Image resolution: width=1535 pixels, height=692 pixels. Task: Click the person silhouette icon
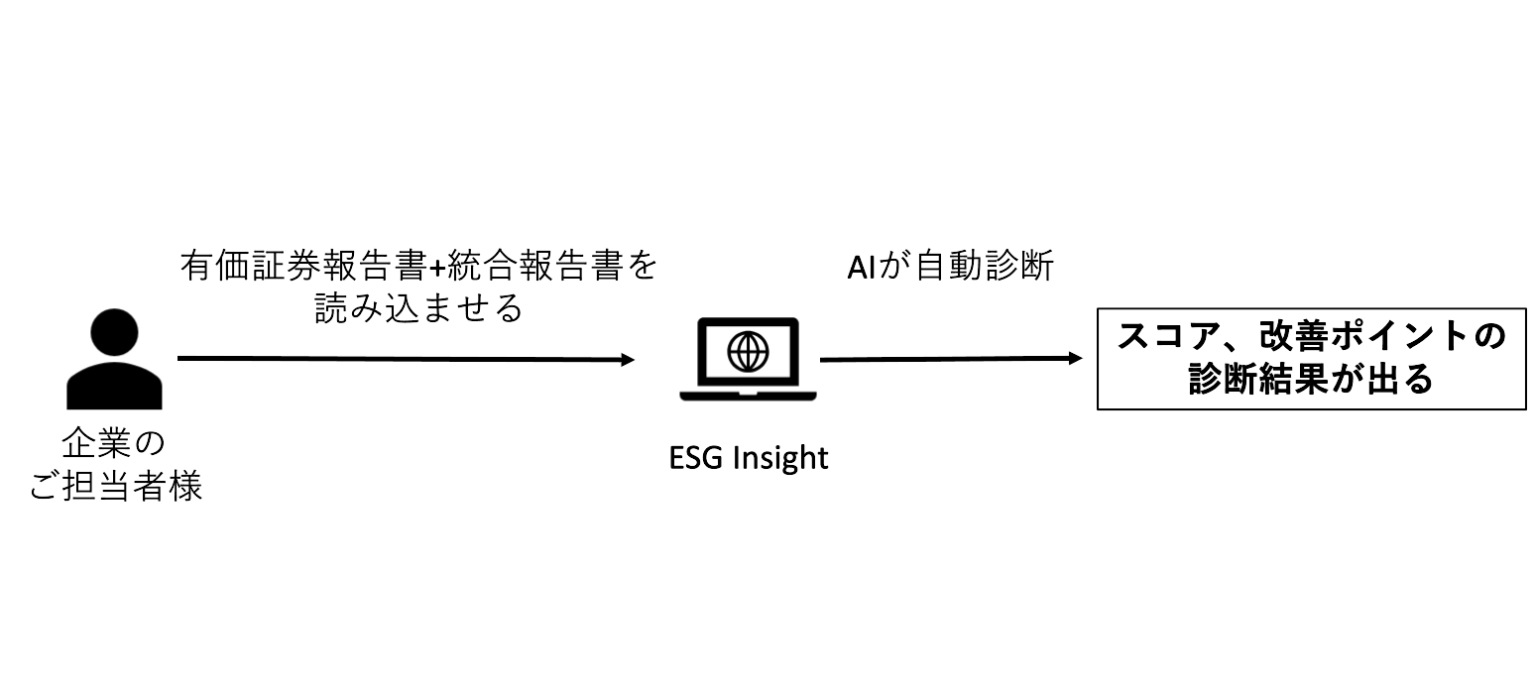coord(114,362)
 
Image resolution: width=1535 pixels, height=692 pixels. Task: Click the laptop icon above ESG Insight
coord(748,358)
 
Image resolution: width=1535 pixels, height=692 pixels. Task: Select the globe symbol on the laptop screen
coord(748,350)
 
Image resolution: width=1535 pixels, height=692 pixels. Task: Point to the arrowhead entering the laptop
coord(627,360)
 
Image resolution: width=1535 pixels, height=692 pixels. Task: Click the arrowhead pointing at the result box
coord(1074,358)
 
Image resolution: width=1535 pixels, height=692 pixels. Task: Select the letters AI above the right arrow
coord(861,268)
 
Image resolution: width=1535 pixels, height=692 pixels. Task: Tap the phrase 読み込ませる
coord(417,310)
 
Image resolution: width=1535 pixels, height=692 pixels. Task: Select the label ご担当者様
coord(115,487)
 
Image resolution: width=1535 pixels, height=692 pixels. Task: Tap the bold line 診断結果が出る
coord(1311,381)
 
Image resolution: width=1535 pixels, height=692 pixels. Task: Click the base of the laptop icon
coord(748,394)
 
